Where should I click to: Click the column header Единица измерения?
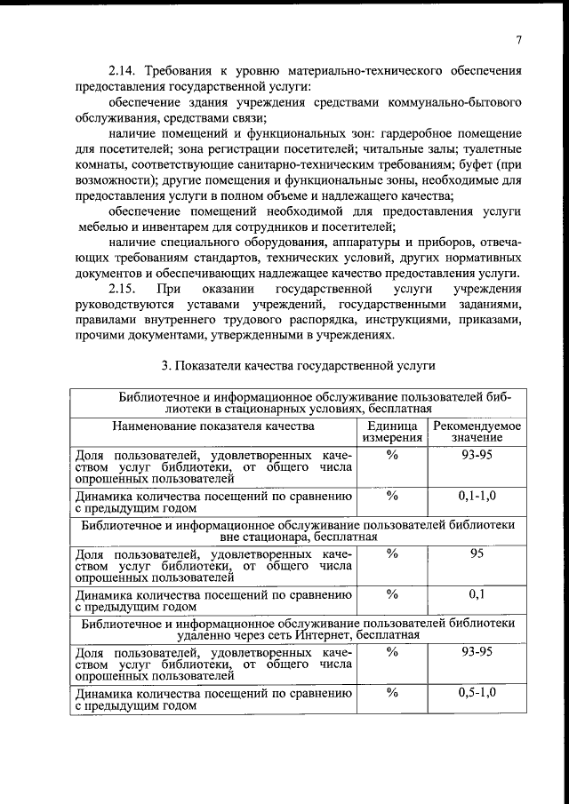pos(391,432)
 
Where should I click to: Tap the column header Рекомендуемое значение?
pos(477,432)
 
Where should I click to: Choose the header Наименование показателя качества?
pos(213,426)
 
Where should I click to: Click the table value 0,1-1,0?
pos(477,495)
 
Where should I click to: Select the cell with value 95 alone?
pos(477,553)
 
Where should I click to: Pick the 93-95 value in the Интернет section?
pos(477,653)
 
